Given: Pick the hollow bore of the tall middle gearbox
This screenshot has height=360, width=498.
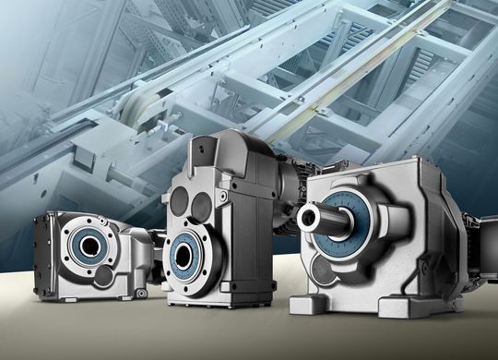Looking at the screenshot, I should click(188, 254).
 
